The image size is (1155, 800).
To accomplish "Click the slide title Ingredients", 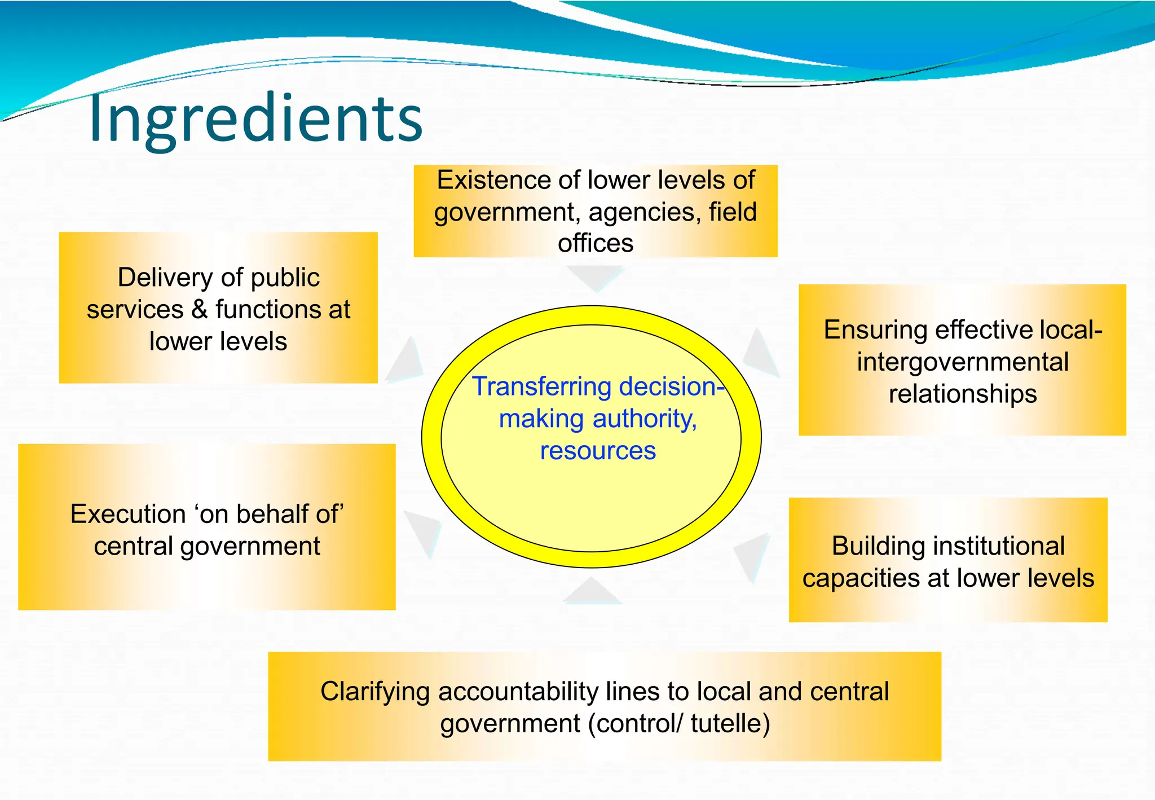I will [255, 118].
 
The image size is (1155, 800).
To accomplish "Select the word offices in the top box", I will [596, 244].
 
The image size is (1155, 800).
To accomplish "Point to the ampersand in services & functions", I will [199, 310].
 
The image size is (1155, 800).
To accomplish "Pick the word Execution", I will [127, 514].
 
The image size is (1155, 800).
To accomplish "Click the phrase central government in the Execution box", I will [207, 546].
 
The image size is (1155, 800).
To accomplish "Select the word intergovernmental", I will [962, 362].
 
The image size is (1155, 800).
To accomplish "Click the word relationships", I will [962, 394].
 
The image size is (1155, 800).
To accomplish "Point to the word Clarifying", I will [374, 692].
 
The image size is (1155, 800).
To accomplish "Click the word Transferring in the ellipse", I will [541, 387].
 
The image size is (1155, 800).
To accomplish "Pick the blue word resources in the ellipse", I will [598, 451].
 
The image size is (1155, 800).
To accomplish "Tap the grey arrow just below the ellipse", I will [592, 592].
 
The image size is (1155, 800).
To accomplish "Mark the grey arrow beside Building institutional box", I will [753, 556].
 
